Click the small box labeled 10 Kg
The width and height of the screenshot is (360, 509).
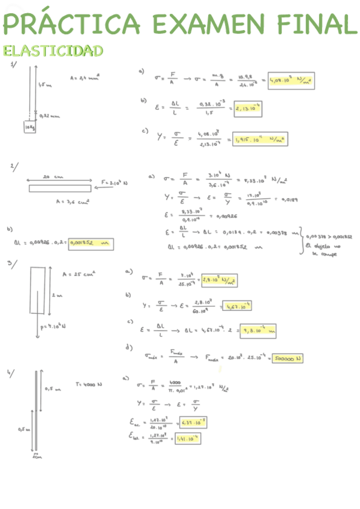pos(29,128)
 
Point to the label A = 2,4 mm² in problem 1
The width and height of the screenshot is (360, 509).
pos(85,77)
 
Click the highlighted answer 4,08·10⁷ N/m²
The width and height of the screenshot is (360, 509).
pos(292,80)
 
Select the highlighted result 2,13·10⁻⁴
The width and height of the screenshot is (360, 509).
pos(248,109)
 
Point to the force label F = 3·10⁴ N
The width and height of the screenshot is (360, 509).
pos(113,182)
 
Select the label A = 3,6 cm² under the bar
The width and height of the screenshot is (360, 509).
pos(76,202)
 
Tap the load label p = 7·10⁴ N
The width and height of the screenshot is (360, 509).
pos(52,327)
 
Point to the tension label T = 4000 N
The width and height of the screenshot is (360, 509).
pos(89,384)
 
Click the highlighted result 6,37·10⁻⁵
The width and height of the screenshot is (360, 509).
pos(193,423)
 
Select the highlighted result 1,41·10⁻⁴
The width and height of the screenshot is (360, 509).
pos(186,439)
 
